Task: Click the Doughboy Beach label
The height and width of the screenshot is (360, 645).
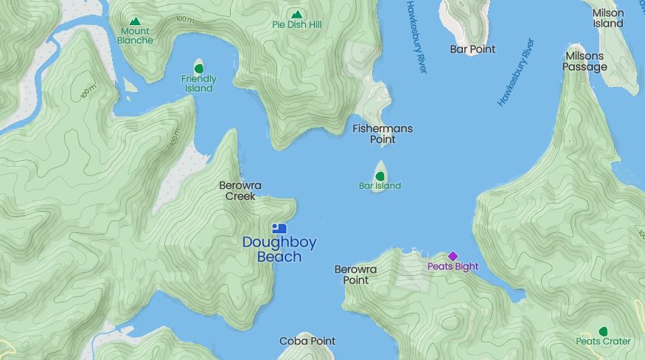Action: pos(272,249)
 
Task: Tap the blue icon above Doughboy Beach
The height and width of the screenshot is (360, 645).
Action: pos(279,229)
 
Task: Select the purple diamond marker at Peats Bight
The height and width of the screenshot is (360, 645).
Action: pos(453,256)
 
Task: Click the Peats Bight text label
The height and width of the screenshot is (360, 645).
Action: pos(453,267)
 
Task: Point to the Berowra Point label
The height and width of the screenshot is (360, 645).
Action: pos(355,274)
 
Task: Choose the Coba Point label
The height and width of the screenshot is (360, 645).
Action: pos(307,342)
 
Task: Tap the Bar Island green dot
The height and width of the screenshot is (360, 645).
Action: pos(380,176)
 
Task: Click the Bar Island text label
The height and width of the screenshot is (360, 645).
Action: pos(380,186)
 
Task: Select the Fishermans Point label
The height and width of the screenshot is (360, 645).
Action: pos(383,134)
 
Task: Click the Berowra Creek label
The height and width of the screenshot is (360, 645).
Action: pos(240,190)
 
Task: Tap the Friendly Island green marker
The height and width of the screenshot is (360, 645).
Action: pos(198,69)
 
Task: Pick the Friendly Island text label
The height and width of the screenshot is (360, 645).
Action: pos(199,83)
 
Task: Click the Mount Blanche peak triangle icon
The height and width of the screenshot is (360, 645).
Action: pos(135,21)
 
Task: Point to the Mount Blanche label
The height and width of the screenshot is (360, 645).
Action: pos(135,35)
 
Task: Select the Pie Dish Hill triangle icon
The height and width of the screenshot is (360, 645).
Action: pos(296,14)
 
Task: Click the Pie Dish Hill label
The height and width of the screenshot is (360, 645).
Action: pos(296,25)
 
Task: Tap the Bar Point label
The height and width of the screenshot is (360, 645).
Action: pos(473,49)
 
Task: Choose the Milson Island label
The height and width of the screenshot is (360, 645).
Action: pos(607,18)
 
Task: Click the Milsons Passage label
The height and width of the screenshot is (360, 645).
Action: pos(585,61)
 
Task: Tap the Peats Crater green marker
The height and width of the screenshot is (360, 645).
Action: pos(604,331)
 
